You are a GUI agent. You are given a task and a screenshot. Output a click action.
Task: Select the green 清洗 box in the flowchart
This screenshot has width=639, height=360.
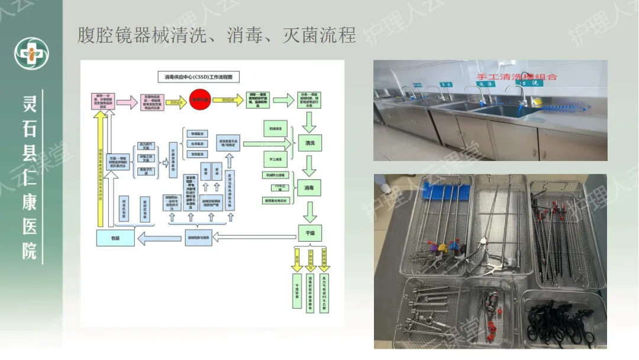click(x=309, y=143)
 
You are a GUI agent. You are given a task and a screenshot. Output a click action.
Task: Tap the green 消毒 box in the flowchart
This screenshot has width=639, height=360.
click(x=309, y=188)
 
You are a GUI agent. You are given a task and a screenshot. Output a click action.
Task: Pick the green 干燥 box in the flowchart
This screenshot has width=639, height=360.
click(x=309, y=232)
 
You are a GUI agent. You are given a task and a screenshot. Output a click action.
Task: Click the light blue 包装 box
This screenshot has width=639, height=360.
click(x=115, y=238)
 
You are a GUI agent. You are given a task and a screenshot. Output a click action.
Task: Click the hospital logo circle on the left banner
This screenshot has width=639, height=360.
click(x=31, y=53)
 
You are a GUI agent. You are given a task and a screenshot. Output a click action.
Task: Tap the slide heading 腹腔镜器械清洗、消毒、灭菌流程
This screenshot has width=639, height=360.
click(x=217, y=36)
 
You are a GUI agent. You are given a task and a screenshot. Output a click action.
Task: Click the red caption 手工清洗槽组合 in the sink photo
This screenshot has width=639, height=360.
click(x=517, y=77)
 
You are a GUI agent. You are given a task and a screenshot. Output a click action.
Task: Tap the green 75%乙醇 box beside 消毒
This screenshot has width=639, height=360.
click(x=275, y=188)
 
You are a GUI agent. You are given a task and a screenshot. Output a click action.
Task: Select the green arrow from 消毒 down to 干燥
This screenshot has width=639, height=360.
click(x=309, y=210)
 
